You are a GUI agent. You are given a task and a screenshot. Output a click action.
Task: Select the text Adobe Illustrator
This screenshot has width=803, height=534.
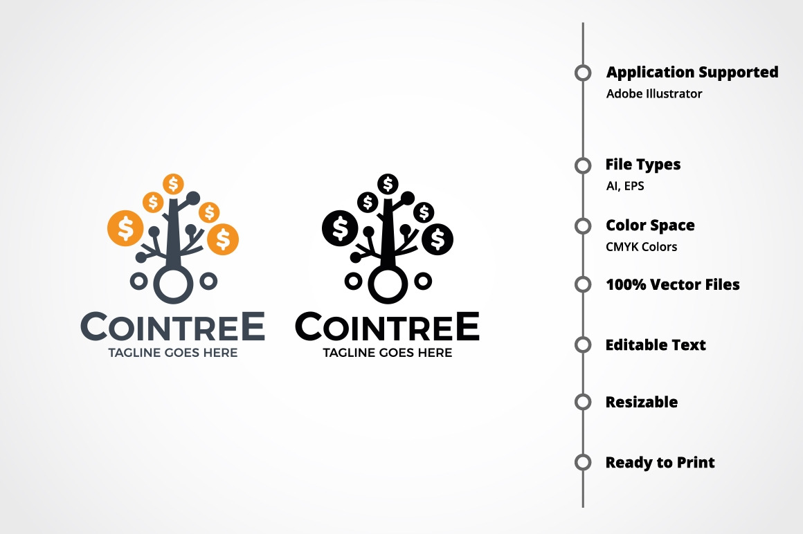click(654, 93)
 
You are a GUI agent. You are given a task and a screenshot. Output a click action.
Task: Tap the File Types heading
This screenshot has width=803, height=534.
click(642, 165)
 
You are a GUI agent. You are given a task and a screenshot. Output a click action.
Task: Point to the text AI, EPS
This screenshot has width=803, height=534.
click(625, 185)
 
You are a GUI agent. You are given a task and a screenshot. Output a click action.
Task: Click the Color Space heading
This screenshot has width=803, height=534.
click(650, 225)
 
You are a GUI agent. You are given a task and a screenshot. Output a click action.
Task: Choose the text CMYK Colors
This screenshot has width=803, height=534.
click(641, 246)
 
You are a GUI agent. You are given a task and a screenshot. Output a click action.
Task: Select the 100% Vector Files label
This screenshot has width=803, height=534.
click(672, 284)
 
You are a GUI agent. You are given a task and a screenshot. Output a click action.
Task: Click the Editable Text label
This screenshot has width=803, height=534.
click(656, 344)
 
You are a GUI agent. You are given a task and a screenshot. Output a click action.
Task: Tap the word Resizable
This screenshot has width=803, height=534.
click(642, 402)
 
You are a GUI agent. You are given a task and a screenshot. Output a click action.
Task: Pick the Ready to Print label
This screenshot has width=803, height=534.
click(660, 462)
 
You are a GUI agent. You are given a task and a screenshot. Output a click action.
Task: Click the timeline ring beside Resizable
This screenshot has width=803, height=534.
click(583, 402)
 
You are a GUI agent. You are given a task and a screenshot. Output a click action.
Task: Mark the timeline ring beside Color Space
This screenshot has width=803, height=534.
click(583, 225)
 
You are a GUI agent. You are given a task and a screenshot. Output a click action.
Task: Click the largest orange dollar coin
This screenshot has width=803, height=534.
click(125, 228)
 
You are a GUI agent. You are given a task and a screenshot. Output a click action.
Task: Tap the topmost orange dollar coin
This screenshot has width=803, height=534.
click(174, 183)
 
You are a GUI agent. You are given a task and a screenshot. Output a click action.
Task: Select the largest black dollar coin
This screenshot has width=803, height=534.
click(340, 228)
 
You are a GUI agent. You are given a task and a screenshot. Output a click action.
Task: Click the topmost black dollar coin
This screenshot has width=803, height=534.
click(388, 183)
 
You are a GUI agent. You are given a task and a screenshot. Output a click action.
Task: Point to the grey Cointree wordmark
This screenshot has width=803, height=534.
click(172, 326)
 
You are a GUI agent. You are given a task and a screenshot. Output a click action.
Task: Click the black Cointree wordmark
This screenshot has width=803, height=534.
click(387, 326)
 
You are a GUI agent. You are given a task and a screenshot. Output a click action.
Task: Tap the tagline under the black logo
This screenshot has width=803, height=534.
click(387, 352)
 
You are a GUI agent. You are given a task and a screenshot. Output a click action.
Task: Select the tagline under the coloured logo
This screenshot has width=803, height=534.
click(172, 352)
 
